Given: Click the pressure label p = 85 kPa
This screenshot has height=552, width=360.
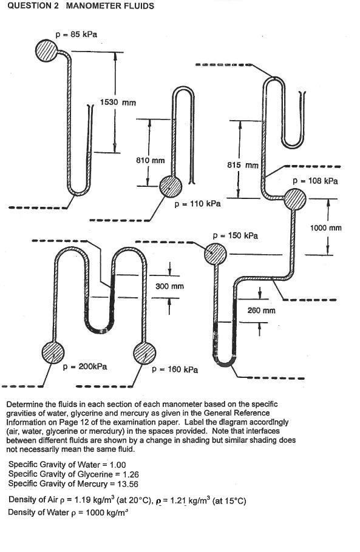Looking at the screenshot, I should (76, 35).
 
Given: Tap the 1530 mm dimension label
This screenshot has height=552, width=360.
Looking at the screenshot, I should (118, 103).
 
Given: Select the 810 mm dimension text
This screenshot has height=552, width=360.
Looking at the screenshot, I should (150, 161).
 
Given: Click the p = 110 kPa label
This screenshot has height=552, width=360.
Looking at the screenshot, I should (197, 204).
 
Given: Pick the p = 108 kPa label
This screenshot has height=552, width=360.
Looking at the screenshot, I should (315, 181).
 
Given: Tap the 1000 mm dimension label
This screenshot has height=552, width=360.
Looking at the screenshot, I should (326, 228).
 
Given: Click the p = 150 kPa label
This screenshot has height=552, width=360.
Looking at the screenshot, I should (235, 235).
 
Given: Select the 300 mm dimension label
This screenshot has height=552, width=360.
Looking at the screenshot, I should (170, 286).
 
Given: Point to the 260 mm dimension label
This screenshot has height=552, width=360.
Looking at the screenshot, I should (262, 310).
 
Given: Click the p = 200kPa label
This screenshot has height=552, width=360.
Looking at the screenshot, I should (85, 366).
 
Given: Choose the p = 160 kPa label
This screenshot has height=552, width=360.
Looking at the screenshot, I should (175, 369).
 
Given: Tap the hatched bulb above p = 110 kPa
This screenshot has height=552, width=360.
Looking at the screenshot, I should (171, 187).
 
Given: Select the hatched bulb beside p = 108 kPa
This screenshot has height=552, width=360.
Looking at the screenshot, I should (296, 200).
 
